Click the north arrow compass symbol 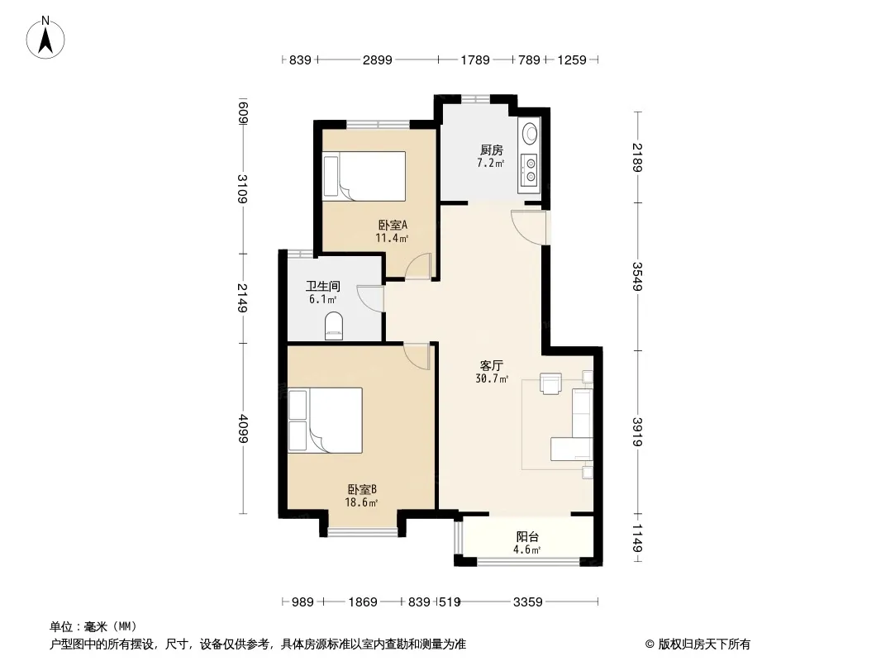click(45, 38)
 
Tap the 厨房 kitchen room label click(491, 150)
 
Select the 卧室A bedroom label click(393, 226)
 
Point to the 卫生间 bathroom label click(322, 287)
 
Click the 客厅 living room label click(492, 365)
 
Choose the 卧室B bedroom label click(362, 490)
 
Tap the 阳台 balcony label click(527, 537)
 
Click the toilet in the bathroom click(334, 326)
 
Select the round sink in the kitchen click(530, 134)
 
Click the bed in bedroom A click(364, 176)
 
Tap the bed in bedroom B click(326, 420)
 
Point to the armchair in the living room click(550, 383)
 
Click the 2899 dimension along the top click(377, 59)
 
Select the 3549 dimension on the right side click(637, 276)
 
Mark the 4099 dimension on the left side click(243, 429)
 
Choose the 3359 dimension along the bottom click(527, 602)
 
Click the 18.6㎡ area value click(360, 502)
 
